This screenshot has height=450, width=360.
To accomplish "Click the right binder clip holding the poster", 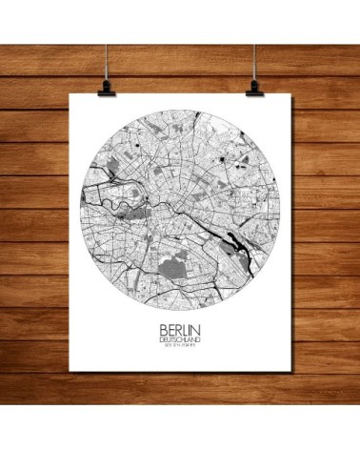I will pyautogui.click(x=254, y=86).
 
